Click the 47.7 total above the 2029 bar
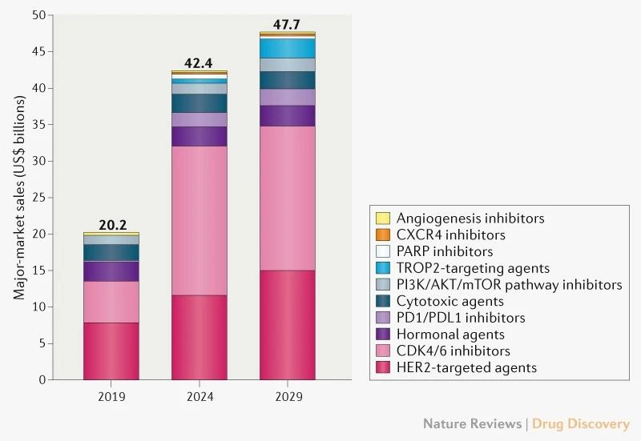click(287, 26)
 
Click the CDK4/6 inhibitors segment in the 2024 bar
click(199, 220)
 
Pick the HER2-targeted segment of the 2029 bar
click(287, 325)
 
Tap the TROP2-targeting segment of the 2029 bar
click(287, 48)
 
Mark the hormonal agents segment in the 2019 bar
click(111, 271)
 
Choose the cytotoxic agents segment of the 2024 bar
click(199, 103)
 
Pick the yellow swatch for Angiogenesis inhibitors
click(382, 218)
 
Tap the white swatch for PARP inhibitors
click(382, 252)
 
